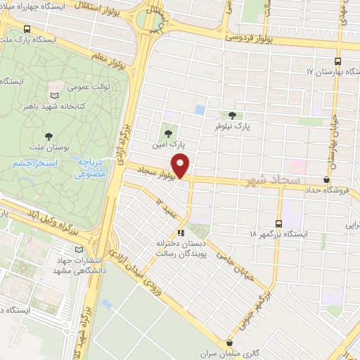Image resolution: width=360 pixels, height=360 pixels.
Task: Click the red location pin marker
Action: [181, 166]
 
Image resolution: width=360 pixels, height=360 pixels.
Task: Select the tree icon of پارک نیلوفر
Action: [232, 116]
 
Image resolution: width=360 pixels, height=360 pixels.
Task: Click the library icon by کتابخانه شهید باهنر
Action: [55, 95]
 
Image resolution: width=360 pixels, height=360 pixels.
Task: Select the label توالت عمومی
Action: [89, 87]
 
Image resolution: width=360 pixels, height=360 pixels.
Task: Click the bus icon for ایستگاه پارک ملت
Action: [27, 30]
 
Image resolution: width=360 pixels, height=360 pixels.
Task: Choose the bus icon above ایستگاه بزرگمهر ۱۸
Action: [284, 224]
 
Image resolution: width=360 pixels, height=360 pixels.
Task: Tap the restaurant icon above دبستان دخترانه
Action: [181, 232]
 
